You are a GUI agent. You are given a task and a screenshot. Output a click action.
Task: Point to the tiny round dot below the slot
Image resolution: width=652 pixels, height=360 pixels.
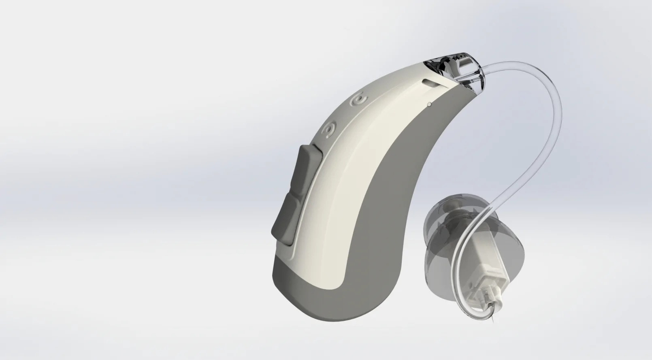429,104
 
